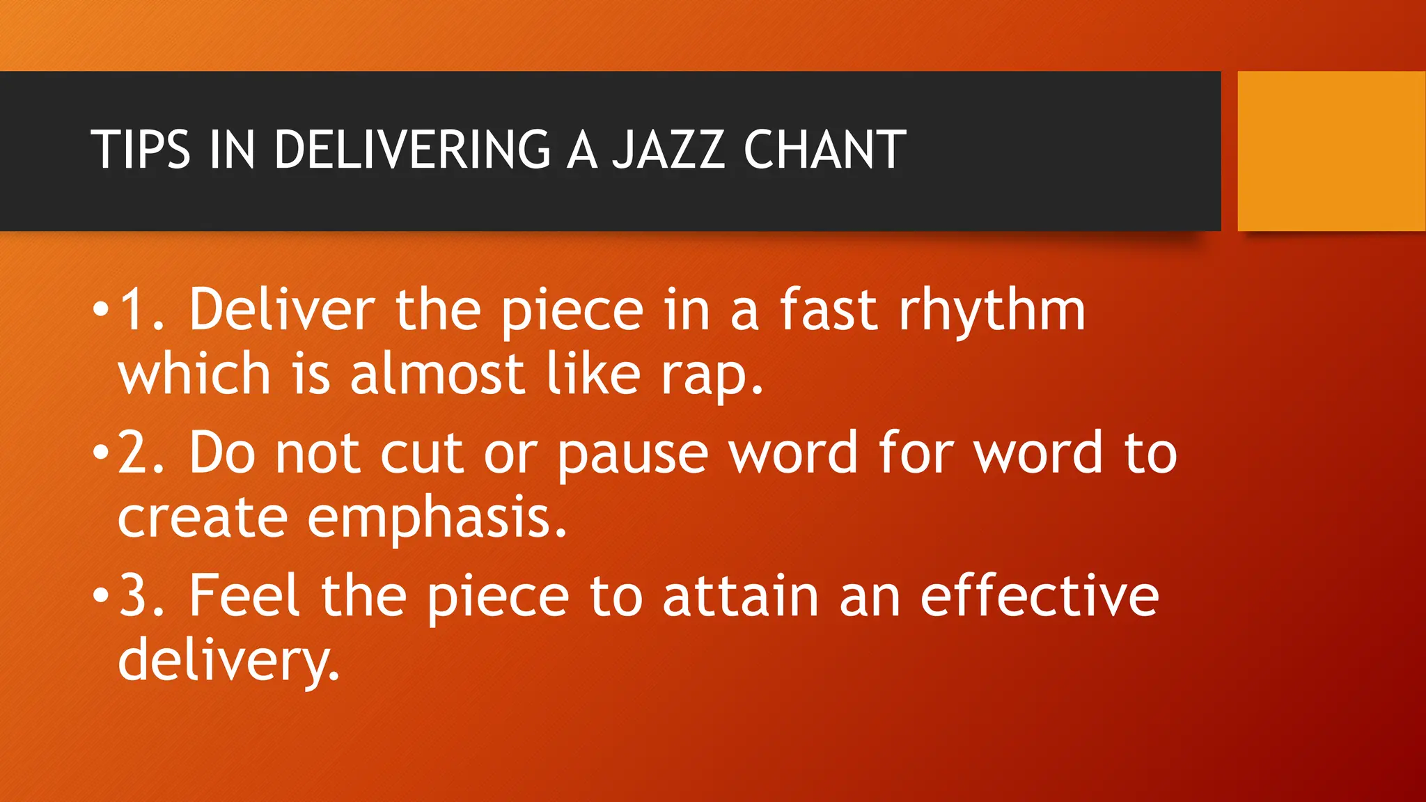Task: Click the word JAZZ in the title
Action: coord(668,150)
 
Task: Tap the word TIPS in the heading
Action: coord(141,150)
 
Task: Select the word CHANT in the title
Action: coord(824,150)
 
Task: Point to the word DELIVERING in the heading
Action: coord(413,150)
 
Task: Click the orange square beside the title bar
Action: coord(1331,151)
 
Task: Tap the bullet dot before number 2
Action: coord(101,453)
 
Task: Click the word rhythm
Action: coord(992,311)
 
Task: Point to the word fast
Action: coord(827,310)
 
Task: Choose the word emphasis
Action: coord(437,519)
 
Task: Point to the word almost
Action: coord(437,375)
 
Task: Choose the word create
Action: coord(202,519)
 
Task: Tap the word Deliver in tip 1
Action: coord(282,310)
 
